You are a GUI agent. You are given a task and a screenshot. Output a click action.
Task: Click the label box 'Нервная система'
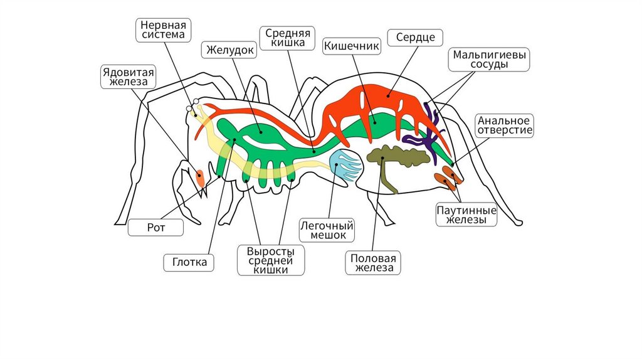pyautogui.click(x=164, y=29)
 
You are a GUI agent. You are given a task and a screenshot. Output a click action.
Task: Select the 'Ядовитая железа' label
pyautogui.click(x=129, y=77)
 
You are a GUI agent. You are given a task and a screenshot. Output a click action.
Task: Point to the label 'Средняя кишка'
pyautogui.click(x=285, y=38)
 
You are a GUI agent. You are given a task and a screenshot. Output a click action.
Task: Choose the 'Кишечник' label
pyautogui.click(x=352, y=45)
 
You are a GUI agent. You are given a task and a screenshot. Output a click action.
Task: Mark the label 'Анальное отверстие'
pyautogui.click(x=505, y=125)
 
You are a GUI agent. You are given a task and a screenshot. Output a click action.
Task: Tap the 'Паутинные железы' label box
pyautogui.click(x=467, y=214)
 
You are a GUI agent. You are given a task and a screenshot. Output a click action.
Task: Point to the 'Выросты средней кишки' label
pyautogui.click(x=271, y=259)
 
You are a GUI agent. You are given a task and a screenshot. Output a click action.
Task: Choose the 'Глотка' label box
pyautogui.click(x=189, y=262)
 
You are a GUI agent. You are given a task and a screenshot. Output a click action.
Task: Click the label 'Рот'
pyautogui.click(x=156, y=227)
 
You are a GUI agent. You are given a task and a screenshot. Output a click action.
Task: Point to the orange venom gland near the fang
pyautogui.click(x=200, y=177)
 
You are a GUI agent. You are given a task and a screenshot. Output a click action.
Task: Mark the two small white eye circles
pyautogui.click(x=192, y=106)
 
